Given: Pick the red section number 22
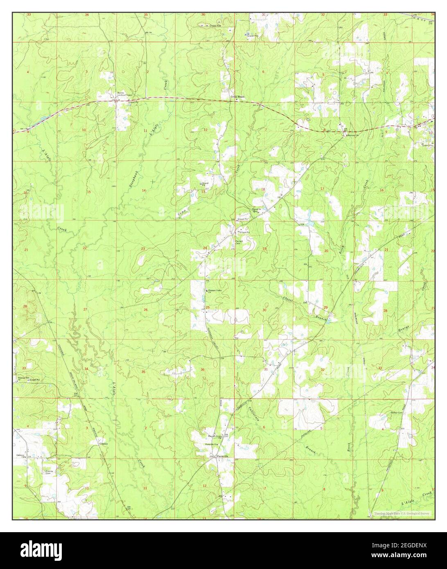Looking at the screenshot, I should (85, 248).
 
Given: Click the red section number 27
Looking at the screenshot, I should (85, 309).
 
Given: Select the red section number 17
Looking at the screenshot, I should (322, 189).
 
